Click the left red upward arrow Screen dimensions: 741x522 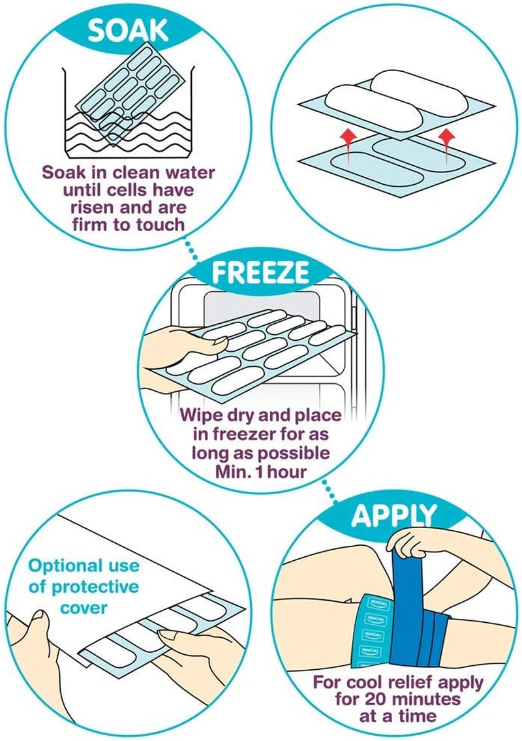[348, 136]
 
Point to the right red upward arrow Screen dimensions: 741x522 [446, 136]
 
